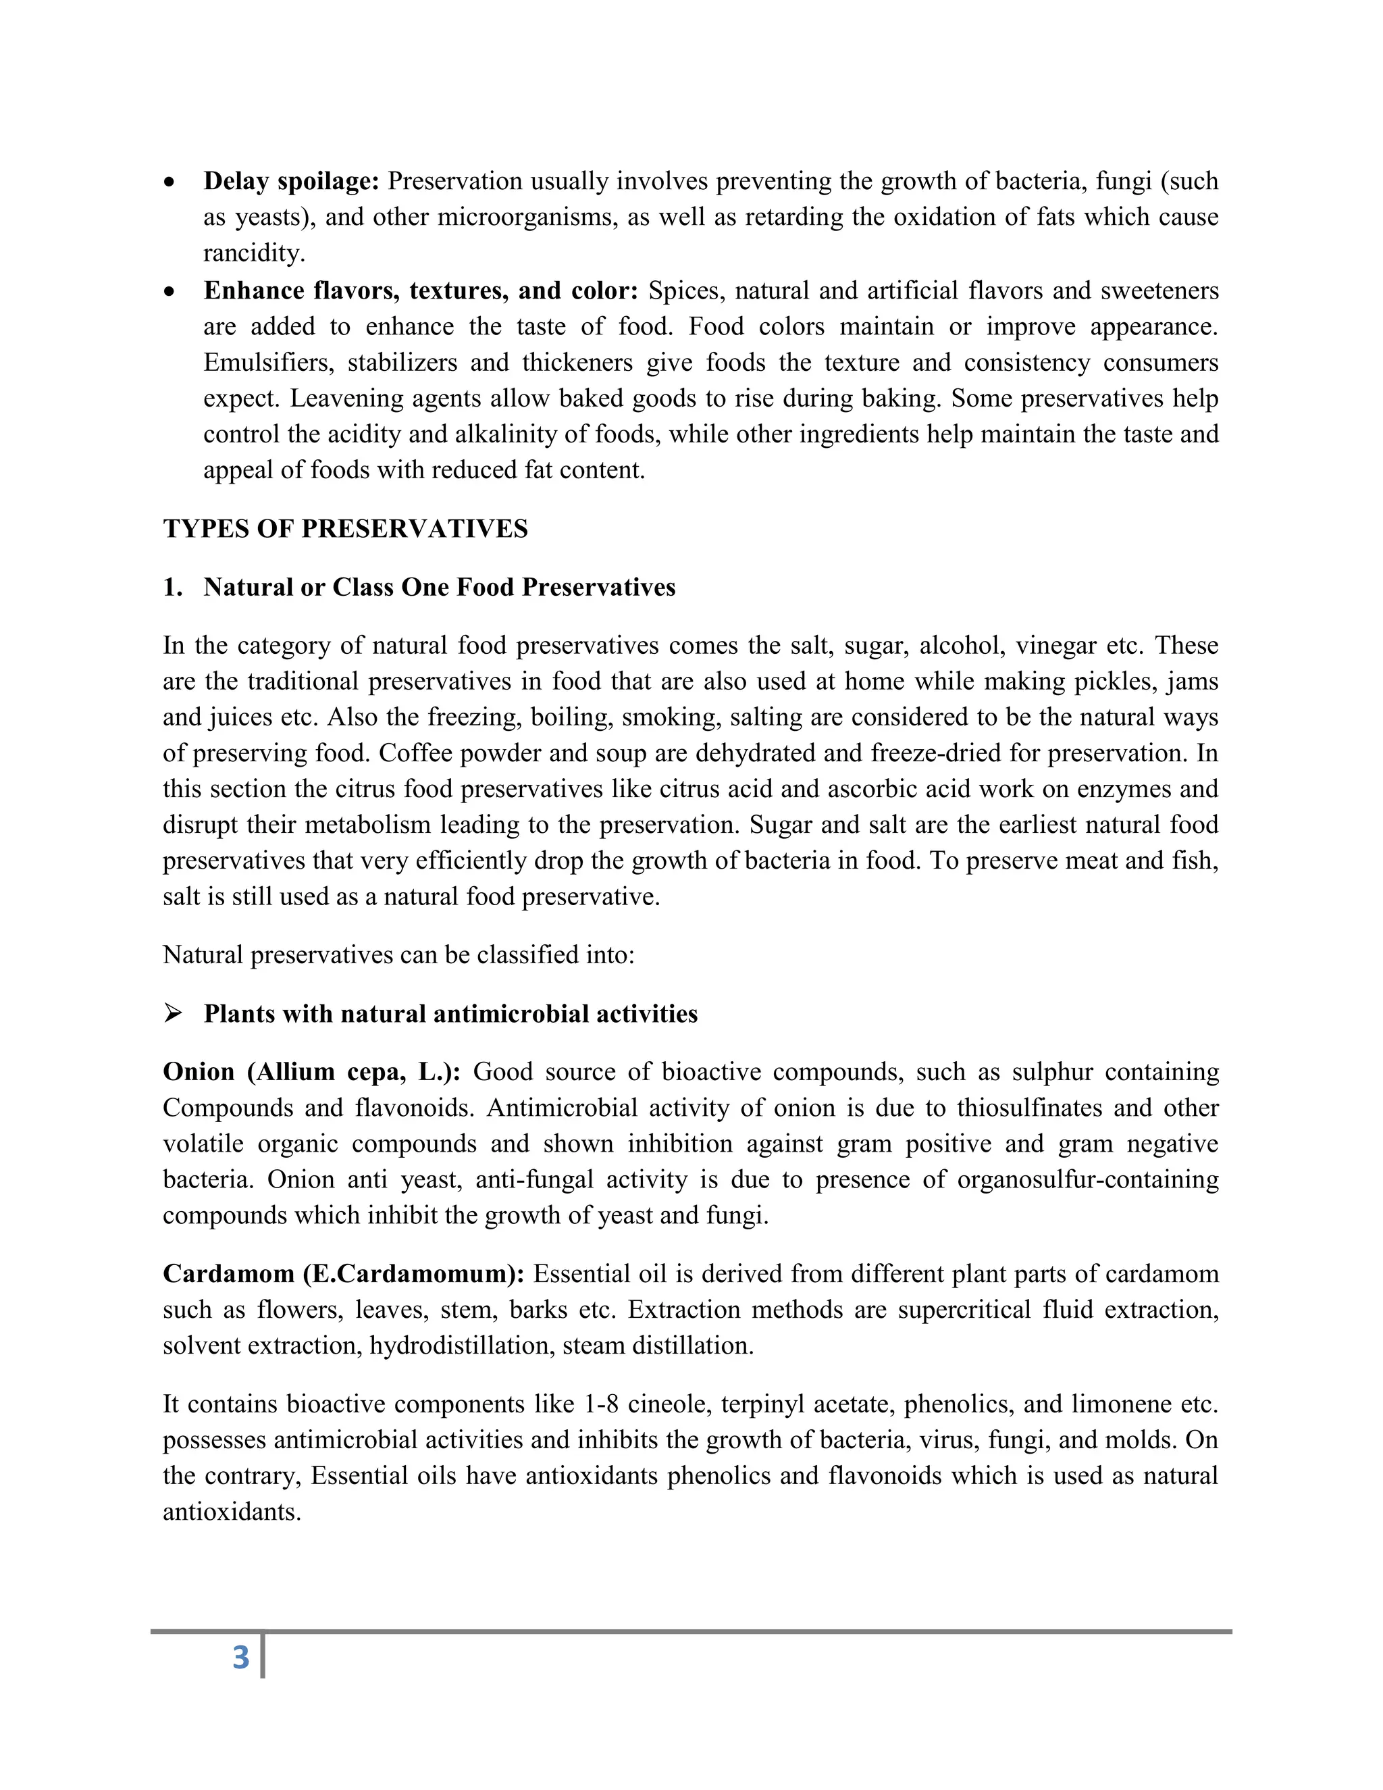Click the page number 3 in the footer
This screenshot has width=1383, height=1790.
240,1656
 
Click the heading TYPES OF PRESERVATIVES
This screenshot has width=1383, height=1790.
345,529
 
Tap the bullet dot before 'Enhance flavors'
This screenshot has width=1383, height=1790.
169,291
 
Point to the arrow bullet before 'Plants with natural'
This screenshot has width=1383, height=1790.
172,1014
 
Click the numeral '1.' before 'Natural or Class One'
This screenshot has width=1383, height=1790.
172,588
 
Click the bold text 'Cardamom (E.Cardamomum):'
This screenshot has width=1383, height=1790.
343,1274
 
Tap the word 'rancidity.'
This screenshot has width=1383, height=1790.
254,253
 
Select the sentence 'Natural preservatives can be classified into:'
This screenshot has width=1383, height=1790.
398,955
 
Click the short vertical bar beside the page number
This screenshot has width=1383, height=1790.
262,1656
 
